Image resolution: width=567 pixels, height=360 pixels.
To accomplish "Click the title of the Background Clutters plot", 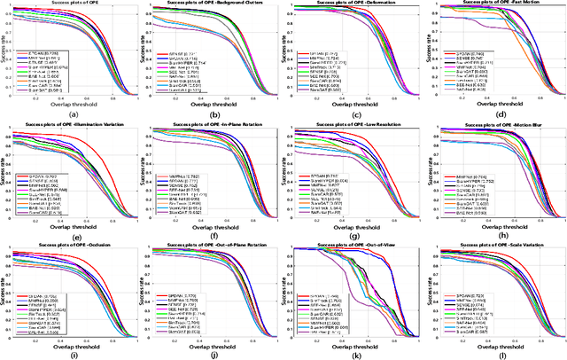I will tap(215, 4).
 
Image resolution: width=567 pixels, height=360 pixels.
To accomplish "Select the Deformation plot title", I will tap(356, 4).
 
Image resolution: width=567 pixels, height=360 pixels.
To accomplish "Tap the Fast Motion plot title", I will tap(498, 4).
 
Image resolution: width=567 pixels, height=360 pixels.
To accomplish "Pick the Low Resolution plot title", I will tap(356, 125).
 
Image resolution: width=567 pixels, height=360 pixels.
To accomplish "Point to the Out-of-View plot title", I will tap(356, 245).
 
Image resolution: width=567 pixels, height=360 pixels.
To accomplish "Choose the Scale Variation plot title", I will tap(498, 245).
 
